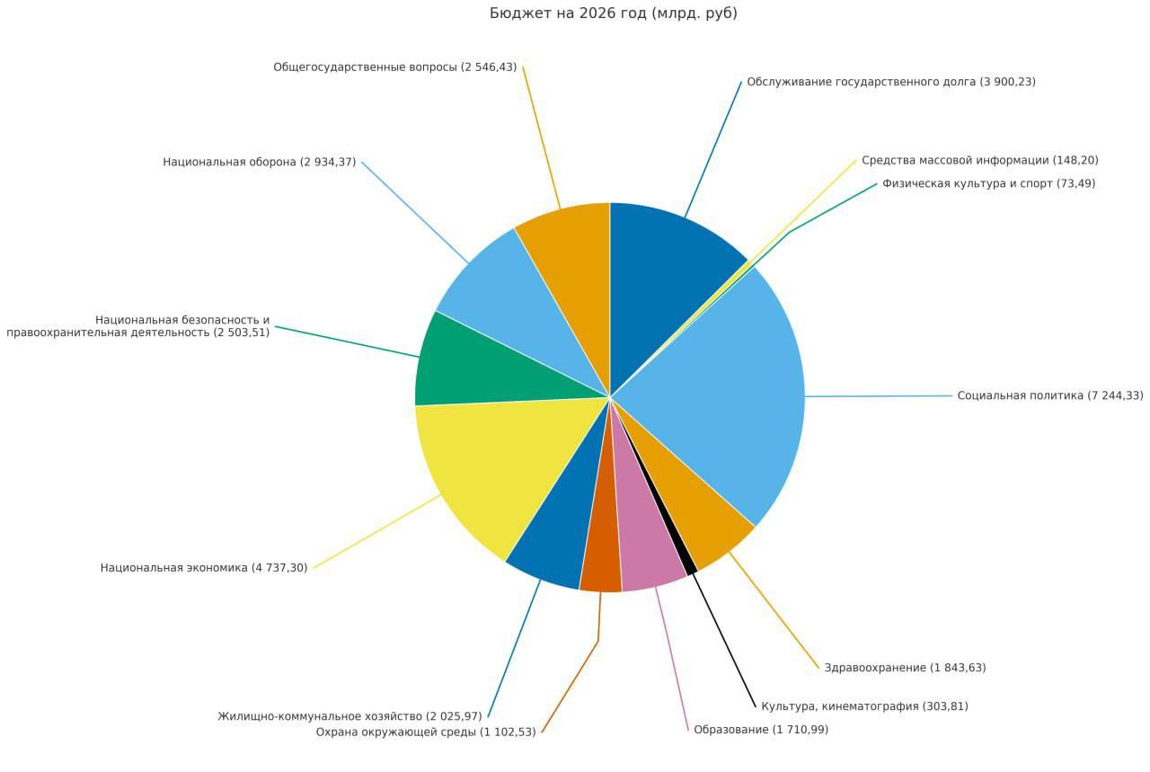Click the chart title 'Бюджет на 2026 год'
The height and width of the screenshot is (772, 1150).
[614, 13]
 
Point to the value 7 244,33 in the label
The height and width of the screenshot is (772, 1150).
[1115, 395]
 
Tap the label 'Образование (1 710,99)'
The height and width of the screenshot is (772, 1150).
[761, 730]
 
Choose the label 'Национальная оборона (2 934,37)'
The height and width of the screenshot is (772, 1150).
[259, 162]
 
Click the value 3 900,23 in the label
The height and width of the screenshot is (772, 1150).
[1007, 82]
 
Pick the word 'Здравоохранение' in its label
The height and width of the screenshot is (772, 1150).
[875, 668]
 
